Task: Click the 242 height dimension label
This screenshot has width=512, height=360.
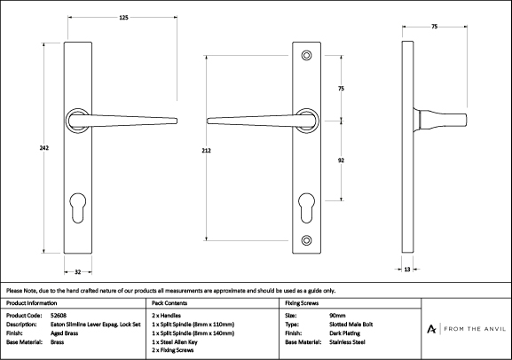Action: (x=44, y=148)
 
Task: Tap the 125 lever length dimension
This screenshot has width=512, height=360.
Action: (x=123, y=18)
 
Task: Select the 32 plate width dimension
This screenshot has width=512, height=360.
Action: (x=78, y=272)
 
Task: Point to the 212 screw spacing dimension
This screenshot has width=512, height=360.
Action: (x=207, y=151)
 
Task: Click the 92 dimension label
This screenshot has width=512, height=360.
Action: (x=341, y=160)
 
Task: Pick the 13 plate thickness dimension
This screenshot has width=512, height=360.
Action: (x=407, y=270)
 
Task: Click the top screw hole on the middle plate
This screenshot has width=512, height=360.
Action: (x=306, y=56)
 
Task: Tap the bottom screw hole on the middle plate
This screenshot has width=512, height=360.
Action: (x=306, y=240)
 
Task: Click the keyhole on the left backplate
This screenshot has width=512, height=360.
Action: (x=78, y=207)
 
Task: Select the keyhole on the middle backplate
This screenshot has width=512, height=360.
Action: (x=307, y=207)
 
